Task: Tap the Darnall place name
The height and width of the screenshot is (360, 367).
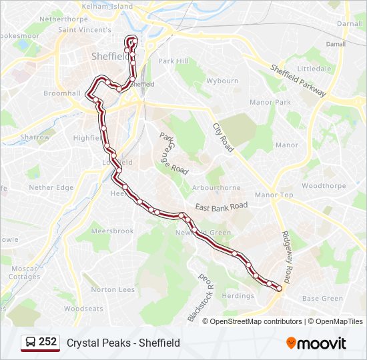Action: coord(350,23)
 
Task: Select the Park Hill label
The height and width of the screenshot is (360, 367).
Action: coord(173,61)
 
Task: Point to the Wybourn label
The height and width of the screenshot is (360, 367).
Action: coord(222,81)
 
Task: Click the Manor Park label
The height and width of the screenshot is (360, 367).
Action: coord(270,102)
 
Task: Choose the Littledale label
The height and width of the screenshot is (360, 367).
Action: coord(314,69)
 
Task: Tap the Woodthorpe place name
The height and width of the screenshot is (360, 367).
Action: coord(324,186)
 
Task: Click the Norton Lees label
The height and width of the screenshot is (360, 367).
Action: coord(113,289)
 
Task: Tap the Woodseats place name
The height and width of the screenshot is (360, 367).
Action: coord(83,309)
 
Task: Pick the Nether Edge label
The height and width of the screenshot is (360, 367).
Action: coord(51,187)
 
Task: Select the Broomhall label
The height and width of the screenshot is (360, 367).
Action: coord(62,93)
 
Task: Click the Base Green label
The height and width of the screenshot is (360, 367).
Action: coord(322,299)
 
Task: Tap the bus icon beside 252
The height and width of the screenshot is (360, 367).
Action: coord(30,343)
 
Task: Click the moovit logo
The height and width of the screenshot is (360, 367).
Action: coord(316,343)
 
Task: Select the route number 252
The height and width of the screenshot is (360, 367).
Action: coord(47,342)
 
